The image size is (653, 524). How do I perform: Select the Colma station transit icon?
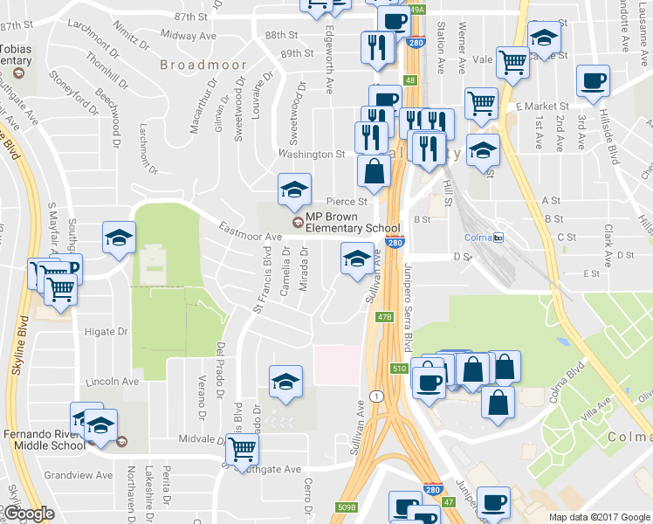click(498, 237)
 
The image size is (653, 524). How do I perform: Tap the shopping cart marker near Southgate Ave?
click(242, 450)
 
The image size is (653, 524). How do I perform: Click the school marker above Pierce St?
click(294, 190)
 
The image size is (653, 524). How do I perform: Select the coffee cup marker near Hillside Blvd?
click(594, 81)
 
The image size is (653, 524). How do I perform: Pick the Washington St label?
click(312, 154)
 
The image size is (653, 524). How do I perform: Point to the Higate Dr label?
click(107, 332)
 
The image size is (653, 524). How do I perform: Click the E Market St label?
click(541, 106)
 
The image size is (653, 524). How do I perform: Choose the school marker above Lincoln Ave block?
click(285, 382)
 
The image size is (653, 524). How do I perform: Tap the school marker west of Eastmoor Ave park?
click(118, 237)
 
